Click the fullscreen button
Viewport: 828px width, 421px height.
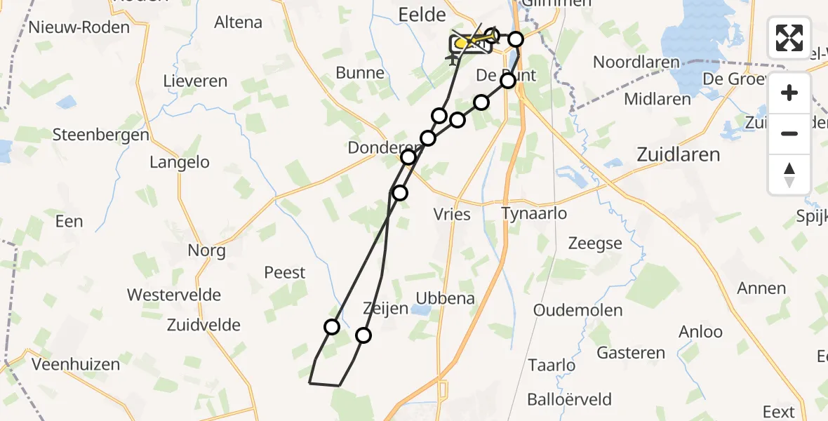point(789,38)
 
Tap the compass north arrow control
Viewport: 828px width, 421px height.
point(789,175)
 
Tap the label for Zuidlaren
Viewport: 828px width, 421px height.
point(678,154)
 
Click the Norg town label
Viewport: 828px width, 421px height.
point(206,250)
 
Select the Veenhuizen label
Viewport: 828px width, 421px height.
point(76,364)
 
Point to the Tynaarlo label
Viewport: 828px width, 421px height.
point(534,213)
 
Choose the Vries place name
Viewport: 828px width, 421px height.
point(452,214)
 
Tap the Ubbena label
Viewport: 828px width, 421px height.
point(445,298)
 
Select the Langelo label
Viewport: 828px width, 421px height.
point(180,162)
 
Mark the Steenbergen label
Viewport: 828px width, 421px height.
point(101,135)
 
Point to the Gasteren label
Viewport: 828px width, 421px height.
point(631,353)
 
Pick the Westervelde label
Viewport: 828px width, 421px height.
point(174,295)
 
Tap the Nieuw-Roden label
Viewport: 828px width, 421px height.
point(79,27)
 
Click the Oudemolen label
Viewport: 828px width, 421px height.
point(577,310)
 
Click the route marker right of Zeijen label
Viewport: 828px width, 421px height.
point(363,335)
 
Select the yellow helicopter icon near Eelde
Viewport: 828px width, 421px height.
point(464,44)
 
